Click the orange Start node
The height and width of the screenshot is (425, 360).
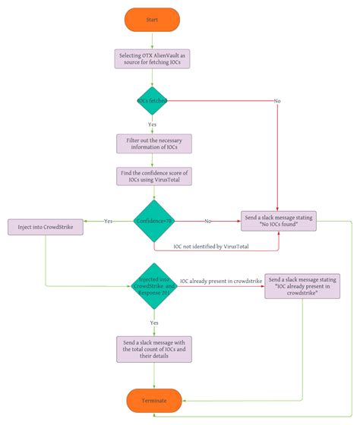pos(153,19)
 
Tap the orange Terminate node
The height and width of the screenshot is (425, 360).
pos(153,399)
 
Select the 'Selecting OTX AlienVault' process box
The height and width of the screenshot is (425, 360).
pos(153,58)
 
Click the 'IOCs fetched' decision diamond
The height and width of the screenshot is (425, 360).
pos(153,100)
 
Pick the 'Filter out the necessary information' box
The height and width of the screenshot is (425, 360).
pos(153,143)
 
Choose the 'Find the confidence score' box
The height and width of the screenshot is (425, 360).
pos(153,176)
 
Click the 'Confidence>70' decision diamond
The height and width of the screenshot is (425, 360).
pos(153,221)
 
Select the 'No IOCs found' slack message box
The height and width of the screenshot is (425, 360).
pos(278,221)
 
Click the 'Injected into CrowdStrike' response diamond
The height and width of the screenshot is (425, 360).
pos(153,286)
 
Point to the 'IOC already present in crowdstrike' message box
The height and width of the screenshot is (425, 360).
pos(302,285)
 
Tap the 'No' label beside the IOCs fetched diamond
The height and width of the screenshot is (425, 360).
pos(276,101)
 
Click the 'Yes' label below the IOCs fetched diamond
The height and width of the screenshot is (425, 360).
pos(153,124)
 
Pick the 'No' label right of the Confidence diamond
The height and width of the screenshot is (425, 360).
pos(207,221)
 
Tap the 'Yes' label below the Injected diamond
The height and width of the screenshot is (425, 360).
pos(153,323)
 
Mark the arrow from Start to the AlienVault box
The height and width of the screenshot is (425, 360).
pos(153,39)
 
